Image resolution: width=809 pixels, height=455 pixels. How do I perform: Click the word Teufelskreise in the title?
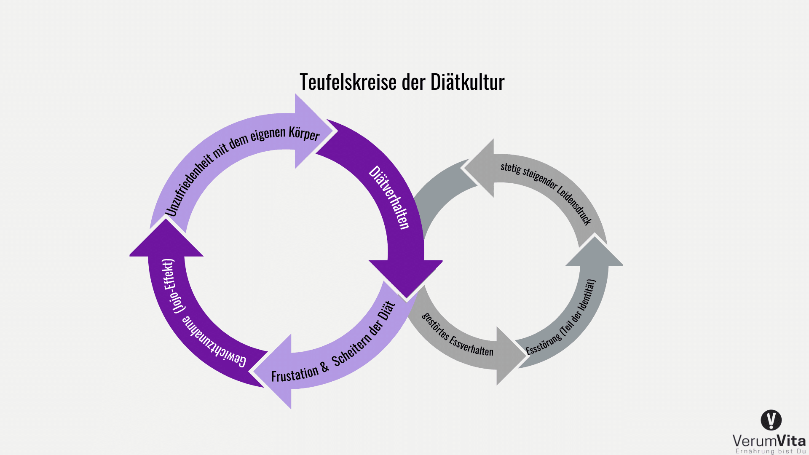[x=348, y=82]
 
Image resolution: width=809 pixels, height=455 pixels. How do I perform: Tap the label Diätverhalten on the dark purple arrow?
[x=389, y=197]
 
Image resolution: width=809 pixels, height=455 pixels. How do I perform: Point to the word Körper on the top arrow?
[x=304, y=134]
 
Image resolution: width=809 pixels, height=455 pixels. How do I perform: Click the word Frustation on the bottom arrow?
[x=295, y=374]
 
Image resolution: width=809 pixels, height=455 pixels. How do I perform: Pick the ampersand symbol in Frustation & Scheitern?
[x=324, y=367]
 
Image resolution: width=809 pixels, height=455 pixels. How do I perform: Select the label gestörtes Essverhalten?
[x=457, y=335]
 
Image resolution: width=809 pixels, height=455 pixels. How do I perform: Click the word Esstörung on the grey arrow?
[x=543, y=343]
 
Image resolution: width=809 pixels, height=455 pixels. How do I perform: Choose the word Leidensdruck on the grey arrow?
[x=575, y=205]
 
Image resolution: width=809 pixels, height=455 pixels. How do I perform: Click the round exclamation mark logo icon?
[x=771, y=420]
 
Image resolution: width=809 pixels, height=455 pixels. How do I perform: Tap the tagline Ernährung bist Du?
[x=771, y=451]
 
